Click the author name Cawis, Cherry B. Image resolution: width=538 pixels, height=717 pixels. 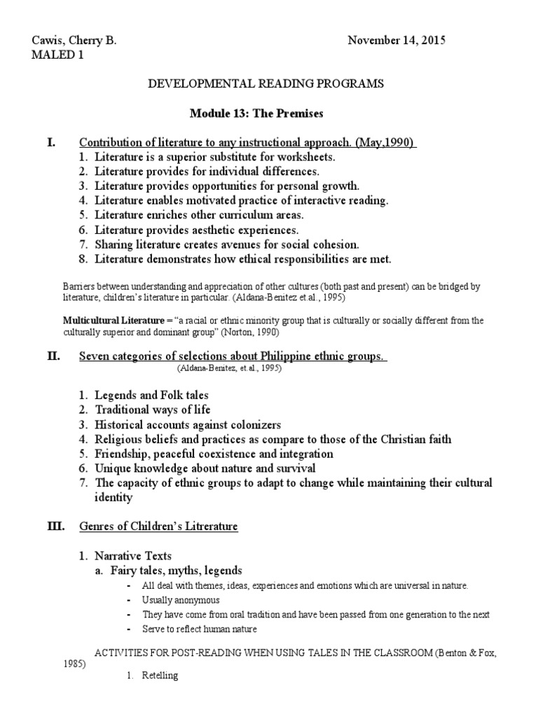coord(74,41)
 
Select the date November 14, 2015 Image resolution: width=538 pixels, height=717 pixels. coord(396,41)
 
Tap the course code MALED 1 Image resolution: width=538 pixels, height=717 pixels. coord(57,55)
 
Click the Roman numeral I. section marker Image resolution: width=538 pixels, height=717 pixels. coord(51,143)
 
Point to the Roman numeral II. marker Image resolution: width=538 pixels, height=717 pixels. coord(54,356)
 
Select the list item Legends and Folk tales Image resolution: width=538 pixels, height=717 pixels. coord(151,396)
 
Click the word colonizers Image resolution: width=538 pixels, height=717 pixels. coord(247,425)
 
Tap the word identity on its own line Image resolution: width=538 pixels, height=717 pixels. coord(114,498)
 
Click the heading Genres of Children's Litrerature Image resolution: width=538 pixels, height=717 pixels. coord(159,527)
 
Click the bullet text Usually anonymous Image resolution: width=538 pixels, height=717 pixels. coord(181,600)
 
